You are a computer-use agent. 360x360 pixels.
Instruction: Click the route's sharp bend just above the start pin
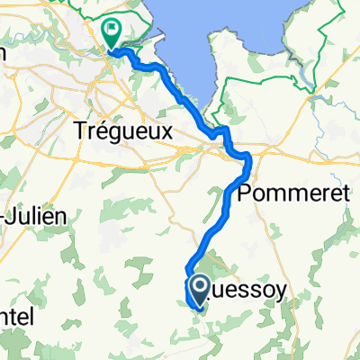(188, 269)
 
